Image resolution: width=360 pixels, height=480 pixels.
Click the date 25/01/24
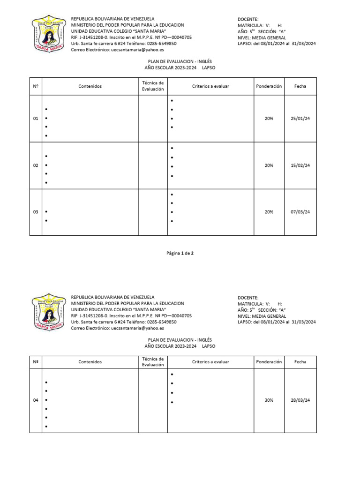coord(300,119)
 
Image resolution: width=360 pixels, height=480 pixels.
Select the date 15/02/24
coord(300,165)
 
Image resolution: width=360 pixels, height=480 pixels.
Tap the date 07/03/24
coord(300,212)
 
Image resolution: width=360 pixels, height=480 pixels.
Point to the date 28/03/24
coord(300,400)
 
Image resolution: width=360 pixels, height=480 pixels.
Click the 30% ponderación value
coord(269,400)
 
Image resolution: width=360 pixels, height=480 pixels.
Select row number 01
coord(36,119)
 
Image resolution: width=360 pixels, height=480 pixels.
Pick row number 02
coord(36,165)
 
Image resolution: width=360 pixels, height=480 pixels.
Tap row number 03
coord(36,212)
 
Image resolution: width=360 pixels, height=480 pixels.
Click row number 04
coord(36,400)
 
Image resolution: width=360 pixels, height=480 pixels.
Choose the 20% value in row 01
coord(269,119)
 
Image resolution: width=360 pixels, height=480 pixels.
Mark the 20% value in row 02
coord(269,165)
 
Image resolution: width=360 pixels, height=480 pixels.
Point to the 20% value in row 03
coord(269,212)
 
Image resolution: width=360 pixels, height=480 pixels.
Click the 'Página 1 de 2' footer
coord(180,253)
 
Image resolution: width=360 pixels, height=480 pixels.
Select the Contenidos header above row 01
coord(90,86)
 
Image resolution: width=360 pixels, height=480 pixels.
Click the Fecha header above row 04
coord(300,362)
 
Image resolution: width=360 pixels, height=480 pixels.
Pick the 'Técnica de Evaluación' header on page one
coord(153,86)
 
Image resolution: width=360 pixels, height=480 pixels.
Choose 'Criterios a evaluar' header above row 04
coord(210,362)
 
